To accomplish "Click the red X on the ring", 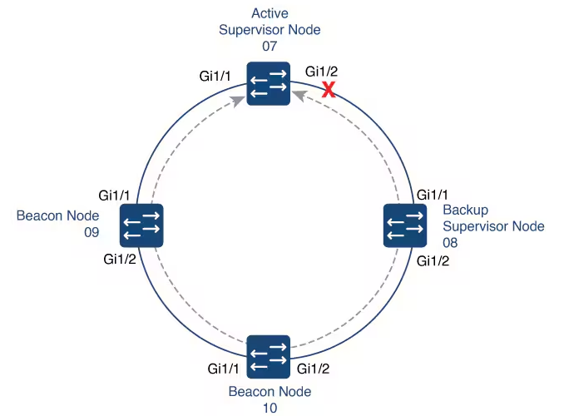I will (x=329, y=90).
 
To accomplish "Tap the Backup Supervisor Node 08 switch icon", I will (x=404, y=225).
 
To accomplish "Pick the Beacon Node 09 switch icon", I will (x=141, y=225).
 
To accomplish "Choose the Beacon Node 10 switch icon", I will (x=268, y=357).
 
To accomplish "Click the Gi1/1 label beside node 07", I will (x=215, y=76).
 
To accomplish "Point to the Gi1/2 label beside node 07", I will (x=322, y=71).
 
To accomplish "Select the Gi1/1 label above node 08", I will (x=433, y=195).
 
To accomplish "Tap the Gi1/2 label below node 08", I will (x=433, y=260).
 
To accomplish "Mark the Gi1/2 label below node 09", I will (x=120, y=260).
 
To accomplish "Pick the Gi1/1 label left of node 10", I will (x=224, y=367).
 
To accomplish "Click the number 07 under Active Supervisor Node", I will (x=269, y=46).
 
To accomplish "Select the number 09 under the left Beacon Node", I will (x=91, y=232).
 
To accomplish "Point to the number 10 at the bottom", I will (x=269, y=408).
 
